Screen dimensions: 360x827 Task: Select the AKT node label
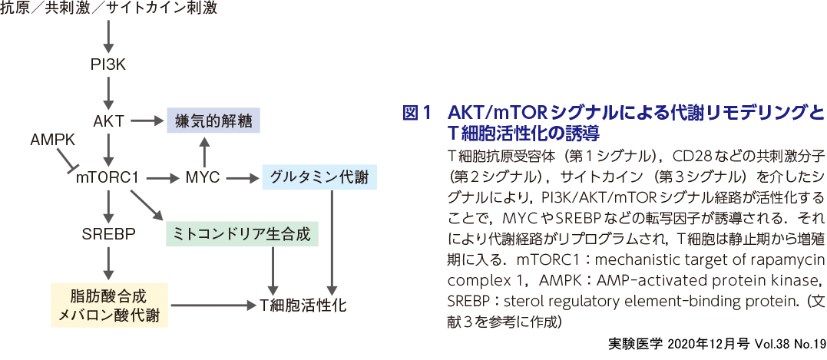coord(108,121)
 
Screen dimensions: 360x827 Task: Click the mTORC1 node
coord(107,178)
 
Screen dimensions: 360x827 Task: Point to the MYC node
coord(203,178)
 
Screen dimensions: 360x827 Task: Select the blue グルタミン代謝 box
coord(319,178)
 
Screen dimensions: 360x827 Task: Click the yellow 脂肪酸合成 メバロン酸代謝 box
coord(108,305)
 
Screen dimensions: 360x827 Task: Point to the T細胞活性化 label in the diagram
coord(303,306)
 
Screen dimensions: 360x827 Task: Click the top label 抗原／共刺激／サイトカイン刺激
coord(108,9)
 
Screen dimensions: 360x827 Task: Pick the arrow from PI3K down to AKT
coord(108,93)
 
